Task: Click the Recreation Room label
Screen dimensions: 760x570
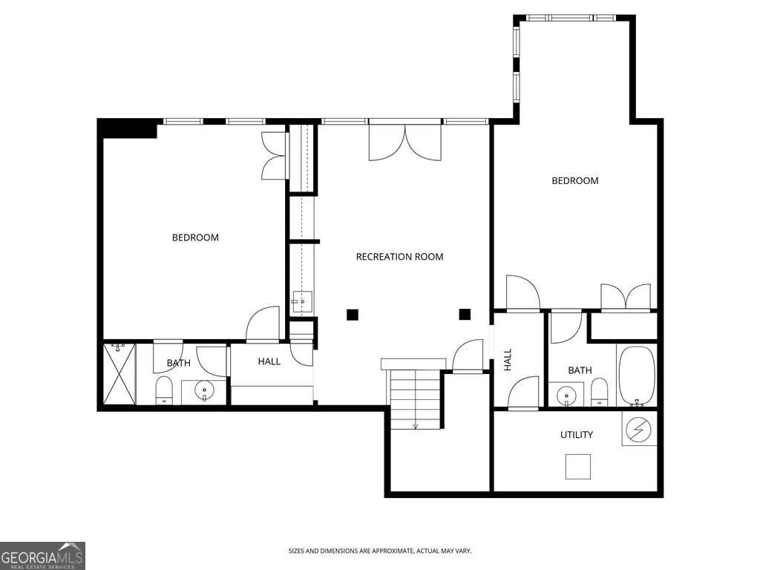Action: pyautogui.click(x=399, y=257)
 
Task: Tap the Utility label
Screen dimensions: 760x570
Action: pyautogui.click(x=576, y=435)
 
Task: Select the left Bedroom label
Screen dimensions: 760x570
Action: pyautogui.click(x=195, y=237)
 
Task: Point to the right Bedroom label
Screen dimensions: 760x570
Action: pyautogui.click(x=575, y=181)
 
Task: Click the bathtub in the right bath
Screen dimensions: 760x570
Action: pyautogui.click(x=637, y=376)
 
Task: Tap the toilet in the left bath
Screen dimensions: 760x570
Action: pyautogui.click(x=164, y=390)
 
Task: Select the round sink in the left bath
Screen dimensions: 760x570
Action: pyautogui.click(x=204, y=390)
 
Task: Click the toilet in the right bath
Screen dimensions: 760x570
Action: pyautogui.click(x=600, y=392)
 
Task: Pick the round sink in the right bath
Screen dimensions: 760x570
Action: pyautogui.click(x=565, y=396)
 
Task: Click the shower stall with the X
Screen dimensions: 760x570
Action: pyautogui.click(x=119, y=374)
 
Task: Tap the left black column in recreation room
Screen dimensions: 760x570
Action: pyautogui.click(x=353, y=315)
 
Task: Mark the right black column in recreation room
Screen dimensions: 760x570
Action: pyautogui.click(x=465, y=315)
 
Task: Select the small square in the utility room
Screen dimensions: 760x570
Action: pyautogui.click(x=578, y=467)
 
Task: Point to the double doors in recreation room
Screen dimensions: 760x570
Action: pyautogui.click(x=404, y=142)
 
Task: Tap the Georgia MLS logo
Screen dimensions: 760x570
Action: pyautogui.click(x=42, y=555)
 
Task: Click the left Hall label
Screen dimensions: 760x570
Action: pyautogui.click(x=269, y=361)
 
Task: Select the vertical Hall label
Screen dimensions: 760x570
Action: pyautogui.click(x=508, y=360)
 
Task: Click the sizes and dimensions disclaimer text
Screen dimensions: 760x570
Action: pyautogui.click(x=380, y=551)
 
